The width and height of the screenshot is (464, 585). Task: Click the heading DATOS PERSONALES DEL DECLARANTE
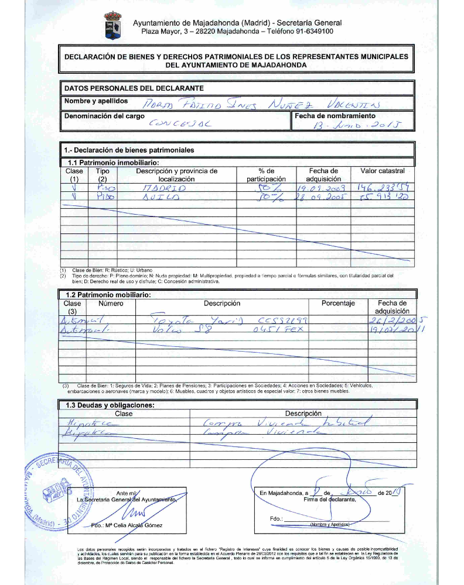pos(134,88)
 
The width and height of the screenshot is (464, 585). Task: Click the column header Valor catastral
pos(383,171)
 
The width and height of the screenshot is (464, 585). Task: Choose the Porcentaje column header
pos(338,304)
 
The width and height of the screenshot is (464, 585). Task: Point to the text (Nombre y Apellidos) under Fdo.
pos(329,525)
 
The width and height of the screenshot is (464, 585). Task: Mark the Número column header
pos(111,304)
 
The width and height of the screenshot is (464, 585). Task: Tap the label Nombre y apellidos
pos(95,101)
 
